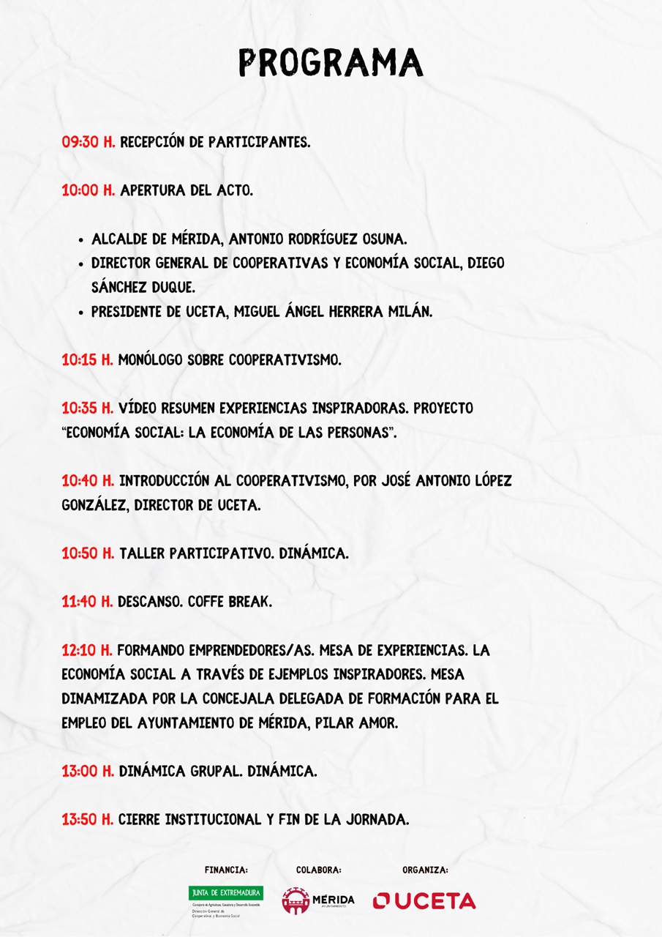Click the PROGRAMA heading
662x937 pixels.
[x=331, y=63]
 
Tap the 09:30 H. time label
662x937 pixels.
[x=89, y=142]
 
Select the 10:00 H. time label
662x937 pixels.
[x=89, y=190]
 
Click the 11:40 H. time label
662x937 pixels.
[x=87, y=602]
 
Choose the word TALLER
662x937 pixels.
[x=141, y=553]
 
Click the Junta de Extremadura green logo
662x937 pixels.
[x=225, y=893]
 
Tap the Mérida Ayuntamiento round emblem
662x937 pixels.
[x=295, y=900]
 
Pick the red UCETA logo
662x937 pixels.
[x=424, y=900]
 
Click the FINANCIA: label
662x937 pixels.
[x=226, y=870]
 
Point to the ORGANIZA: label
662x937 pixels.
[x=425, y=870]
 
